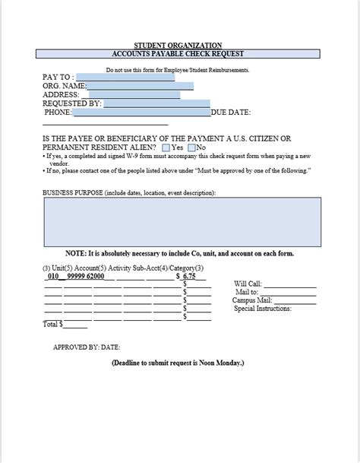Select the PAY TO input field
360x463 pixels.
click(x=125, y=77)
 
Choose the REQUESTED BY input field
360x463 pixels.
click(x=156, y=104)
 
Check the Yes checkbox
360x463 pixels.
click(x=166, y=147)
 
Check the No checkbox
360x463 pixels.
click(x=191, y=147)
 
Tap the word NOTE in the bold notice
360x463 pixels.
click(x=76, y=253)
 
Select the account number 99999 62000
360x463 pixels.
click(x=86, y=277)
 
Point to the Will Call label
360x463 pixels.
click(x=248, y=284)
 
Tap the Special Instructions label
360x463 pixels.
click(x=263, y=309)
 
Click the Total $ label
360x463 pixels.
click(x=52, y=324)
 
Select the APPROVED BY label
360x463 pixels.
click(x=73, y=347)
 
